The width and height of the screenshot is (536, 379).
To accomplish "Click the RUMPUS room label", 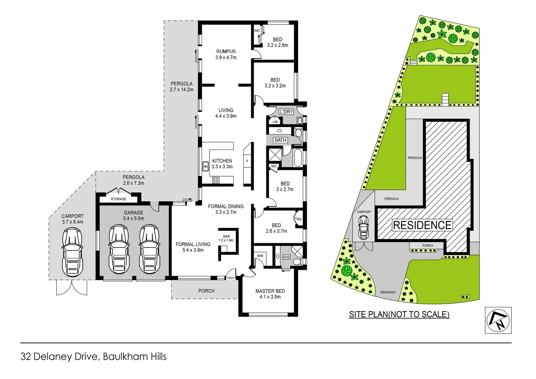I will tap(226, 51).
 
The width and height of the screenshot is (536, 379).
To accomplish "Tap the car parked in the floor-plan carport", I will tap(73, 252).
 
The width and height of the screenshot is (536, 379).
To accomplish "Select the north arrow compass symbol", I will tap(498, 320).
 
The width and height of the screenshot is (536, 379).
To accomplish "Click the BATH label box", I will tap(281, 140).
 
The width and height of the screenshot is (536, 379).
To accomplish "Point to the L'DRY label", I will tap(286, 112).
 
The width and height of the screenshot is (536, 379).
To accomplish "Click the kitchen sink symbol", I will tap(206, 166).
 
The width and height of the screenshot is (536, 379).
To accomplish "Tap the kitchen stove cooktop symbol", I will tap(216, 180).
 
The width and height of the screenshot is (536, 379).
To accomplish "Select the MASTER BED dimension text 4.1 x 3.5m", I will tap(270, 297).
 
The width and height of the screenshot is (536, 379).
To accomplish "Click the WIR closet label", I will tap(260, 256).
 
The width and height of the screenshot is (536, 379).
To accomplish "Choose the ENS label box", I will tap(287, 257).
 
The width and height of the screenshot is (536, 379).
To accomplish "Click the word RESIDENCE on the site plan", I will tap(422, 225).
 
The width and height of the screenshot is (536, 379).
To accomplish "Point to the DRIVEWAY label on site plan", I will tap(388, 292).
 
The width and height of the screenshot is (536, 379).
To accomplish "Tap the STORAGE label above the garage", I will tap(118, 199).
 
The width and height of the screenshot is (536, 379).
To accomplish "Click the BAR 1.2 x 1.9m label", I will tap(226, 238).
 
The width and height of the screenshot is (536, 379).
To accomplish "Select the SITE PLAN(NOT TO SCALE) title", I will tap(399, 314).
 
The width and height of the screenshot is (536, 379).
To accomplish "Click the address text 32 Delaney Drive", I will tap(60, 357).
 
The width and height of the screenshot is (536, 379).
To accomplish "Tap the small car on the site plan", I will tap(363, 227).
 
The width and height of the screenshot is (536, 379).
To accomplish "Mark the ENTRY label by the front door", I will tap(231, 278).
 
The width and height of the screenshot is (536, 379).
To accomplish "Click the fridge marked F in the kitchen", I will tap(247, 161).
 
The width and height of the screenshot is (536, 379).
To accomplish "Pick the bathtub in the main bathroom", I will tap(297, 158).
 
